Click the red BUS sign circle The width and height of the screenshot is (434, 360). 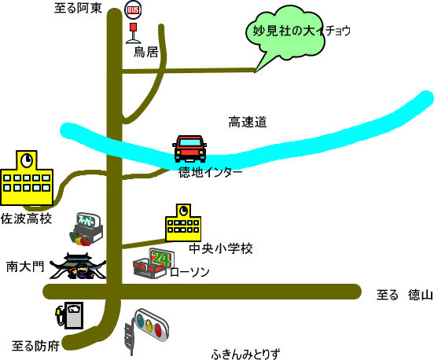click(133, 9)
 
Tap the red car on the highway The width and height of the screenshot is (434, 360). click(189, 149)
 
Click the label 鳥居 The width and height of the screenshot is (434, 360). click(146, 52)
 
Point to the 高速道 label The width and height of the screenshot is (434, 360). click(248, 122)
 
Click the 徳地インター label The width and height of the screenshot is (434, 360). click(211, 172)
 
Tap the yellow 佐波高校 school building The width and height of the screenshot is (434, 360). click(27, 178)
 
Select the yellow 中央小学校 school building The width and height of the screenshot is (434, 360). click(183, 223)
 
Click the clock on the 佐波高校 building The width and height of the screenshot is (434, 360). click(27, 160)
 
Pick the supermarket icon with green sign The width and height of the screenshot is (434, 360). click(86, 230)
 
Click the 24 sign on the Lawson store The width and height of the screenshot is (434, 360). click(161, 259)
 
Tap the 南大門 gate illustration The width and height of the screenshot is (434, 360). click(78, 266)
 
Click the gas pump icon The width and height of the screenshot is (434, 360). click(69, 315)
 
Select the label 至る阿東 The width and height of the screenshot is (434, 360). click(78, 8)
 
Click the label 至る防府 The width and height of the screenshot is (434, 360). click(35, 346)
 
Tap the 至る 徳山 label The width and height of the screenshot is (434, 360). click(405, 295)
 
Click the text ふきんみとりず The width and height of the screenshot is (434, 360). click(245, 354)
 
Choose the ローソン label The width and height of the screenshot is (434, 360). click(190, 272)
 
